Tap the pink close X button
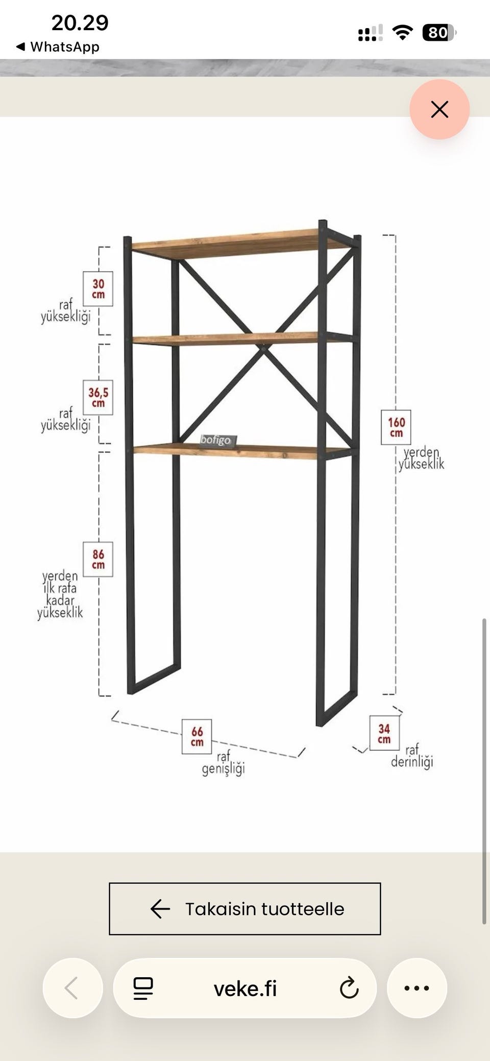439,109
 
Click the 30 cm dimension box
98,289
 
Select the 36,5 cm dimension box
98,397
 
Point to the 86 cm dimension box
98,559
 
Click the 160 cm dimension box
396,427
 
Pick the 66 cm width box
197,737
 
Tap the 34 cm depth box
384,733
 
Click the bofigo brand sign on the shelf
216,441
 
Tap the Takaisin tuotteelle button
245,909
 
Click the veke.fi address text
245,989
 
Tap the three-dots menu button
417,988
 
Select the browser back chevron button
72,988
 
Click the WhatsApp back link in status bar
58,47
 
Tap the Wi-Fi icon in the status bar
403,33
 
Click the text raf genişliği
223,763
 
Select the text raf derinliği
412,756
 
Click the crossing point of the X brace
263,348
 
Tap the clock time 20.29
80,23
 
